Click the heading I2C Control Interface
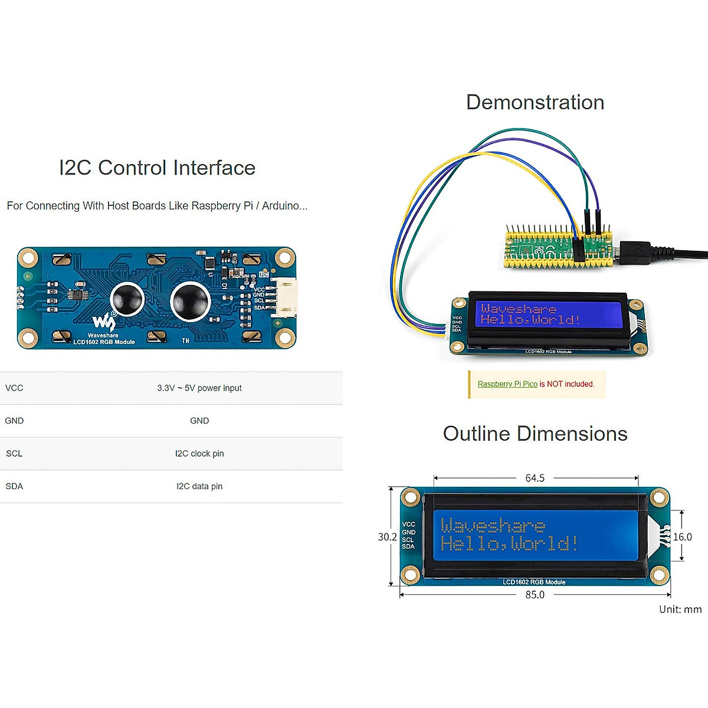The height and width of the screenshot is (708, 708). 157,168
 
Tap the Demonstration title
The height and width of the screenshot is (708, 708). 535,103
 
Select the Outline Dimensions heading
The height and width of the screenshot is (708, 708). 535,434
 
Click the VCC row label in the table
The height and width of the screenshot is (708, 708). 14,388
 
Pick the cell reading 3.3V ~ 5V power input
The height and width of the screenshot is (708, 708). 199,388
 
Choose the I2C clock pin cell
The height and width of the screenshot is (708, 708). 199,454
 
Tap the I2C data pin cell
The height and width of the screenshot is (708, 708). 199,487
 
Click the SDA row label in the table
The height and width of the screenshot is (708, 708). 14,487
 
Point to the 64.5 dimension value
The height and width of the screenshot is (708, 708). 535,478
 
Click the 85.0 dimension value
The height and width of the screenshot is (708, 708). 535,595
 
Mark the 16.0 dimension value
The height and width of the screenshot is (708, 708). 683,537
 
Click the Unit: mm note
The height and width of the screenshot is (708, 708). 680,609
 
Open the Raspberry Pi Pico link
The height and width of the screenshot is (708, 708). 507,384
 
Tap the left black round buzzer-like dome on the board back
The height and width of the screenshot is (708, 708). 127,299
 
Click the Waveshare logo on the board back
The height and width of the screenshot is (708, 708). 104,322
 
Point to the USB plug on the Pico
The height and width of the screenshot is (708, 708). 634,253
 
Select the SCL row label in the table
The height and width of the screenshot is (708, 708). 14,454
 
